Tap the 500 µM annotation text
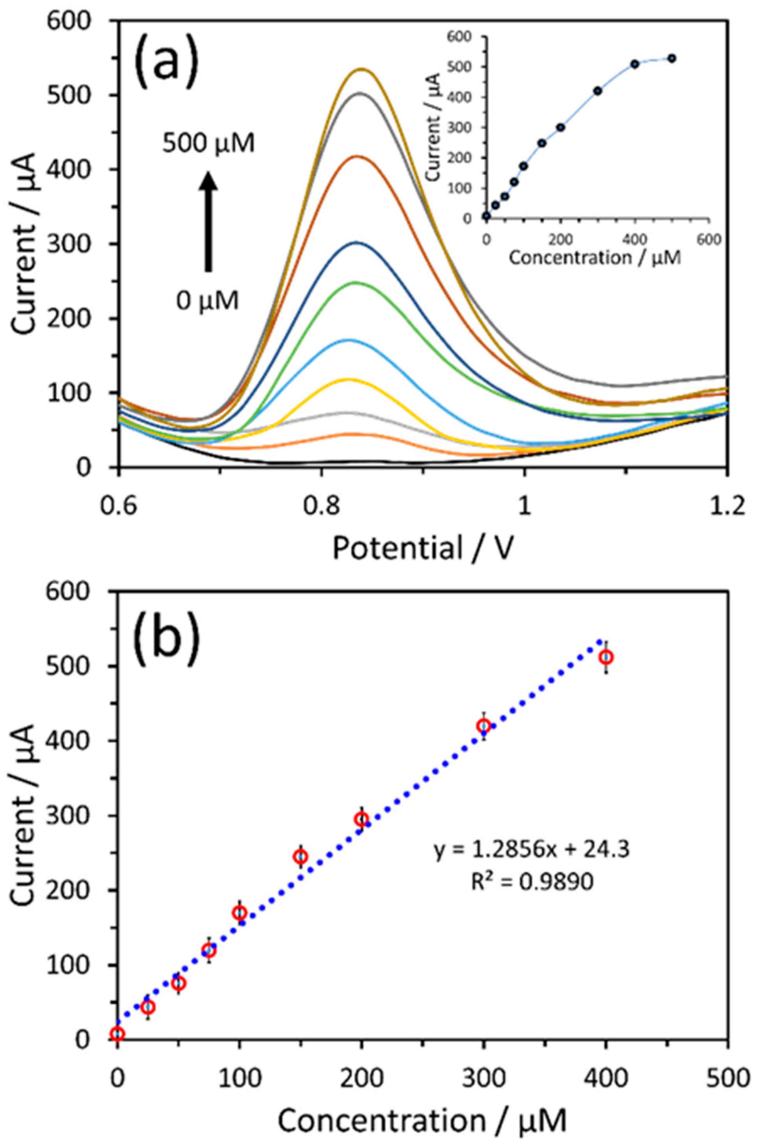pyautogui.click(x=208, y=144)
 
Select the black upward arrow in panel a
pyautogui.click(x=208, y=221)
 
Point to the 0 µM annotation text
pyautogui.click(x=208, y=302)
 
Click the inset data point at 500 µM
pyautogui.click(x=671, y=59)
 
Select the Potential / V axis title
pyautogui.click(x=423, y=549)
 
